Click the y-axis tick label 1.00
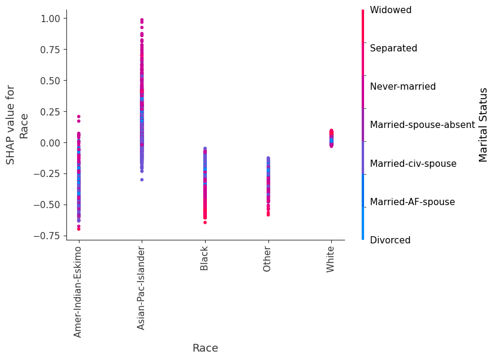point(50,19)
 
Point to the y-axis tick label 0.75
point(50,50)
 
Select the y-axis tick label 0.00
point(50,142)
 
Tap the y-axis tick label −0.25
point(47,173)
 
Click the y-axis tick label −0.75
point(47,236)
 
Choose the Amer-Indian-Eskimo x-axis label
point(78,291)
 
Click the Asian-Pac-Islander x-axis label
point(142,287)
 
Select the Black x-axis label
point(204,258)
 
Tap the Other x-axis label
point(268,258)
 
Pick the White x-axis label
point(331,259)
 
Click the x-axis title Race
point(205,348)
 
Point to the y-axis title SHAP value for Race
point(17,124)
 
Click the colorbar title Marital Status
point(484,124)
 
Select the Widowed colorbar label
point(390,10)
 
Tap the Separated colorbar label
point(393,48)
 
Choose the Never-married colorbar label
point(403,87)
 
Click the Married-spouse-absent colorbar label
point(422,125)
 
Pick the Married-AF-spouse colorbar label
point(412,202)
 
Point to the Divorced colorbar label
point(390,240)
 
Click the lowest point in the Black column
point(204,222)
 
